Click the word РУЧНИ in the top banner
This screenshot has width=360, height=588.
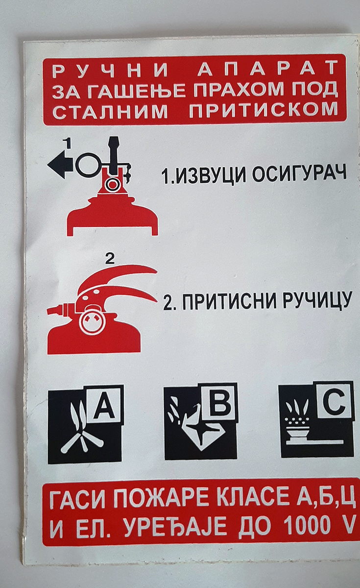pos(111,69)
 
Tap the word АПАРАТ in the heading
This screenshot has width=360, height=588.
pos(268,68)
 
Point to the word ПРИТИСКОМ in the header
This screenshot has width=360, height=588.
pos(263,110)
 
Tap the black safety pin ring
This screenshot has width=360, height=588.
pos(88,165)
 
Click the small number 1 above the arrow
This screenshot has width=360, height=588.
pos(68,143)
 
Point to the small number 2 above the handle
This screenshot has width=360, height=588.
pos(110,259)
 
